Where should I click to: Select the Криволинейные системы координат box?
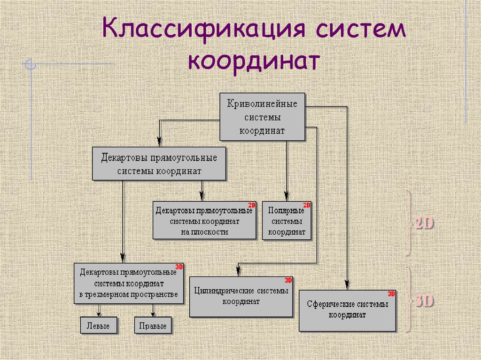262,117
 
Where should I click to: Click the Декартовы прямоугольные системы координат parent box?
159,164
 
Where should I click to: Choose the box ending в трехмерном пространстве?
129,283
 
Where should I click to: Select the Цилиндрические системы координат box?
240,296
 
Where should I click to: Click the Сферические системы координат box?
347,310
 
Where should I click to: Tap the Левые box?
98,326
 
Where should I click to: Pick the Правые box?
153,326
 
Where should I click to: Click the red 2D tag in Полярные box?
307,206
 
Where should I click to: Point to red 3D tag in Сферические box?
391,294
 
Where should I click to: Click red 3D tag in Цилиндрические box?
288,280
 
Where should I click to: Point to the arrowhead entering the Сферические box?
347,284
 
